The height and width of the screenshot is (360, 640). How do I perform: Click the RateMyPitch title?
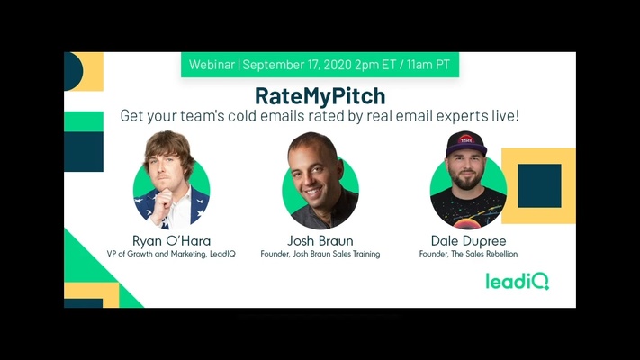320,94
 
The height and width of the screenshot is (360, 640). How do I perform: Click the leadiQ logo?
517,281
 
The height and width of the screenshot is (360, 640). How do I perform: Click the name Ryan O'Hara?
171,240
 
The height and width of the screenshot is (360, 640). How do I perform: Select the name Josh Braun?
320,240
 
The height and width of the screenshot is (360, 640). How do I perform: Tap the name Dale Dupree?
468,240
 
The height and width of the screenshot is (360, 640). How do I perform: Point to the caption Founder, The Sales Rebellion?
468,255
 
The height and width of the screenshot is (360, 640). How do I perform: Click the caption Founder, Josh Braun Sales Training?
320,255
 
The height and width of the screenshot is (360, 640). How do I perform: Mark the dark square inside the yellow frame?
539,185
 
